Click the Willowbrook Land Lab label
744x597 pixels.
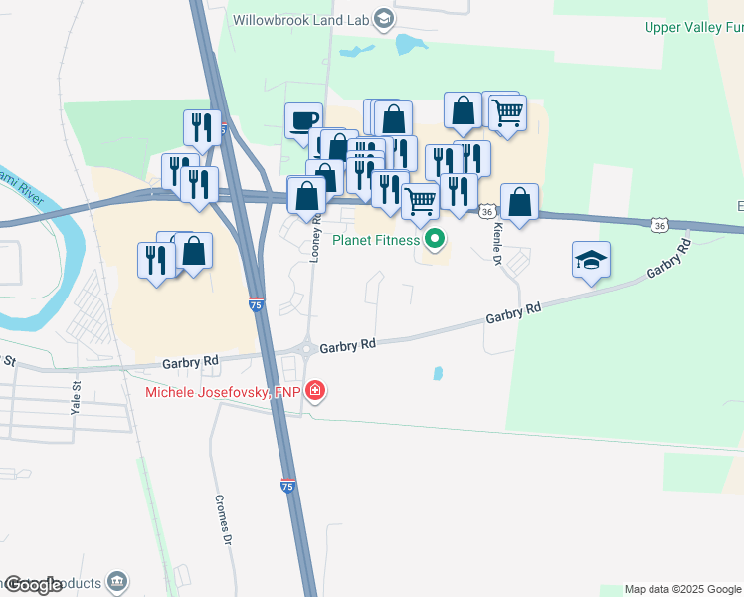(299, 19)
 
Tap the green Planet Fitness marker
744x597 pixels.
(434, 240)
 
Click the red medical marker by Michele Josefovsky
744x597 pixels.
(315, 391)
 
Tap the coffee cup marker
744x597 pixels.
(303, 122)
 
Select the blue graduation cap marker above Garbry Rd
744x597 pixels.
(592, 261)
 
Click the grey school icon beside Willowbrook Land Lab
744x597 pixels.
(381, 19)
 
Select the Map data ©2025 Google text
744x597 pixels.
(681, 589)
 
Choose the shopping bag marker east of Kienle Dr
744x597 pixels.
(519, 203)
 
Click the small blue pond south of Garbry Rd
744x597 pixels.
(438, 374)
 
